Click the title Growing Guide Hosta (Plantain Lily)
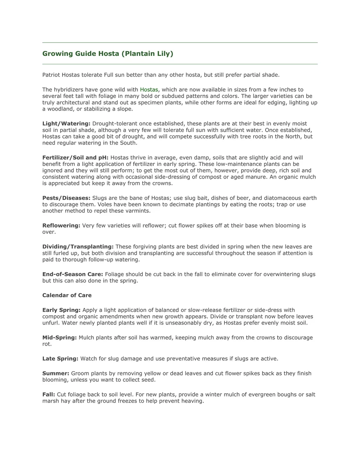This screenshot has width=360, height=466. click(108, 54)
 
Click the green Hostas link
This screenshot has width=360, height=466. click(149, 90)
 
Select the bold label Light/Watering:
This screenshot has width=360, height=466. click(66, 123)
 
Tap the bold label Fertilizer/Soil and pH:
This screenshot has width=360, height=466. click(75, 158)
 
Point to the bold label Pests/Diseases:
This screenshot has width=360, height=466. click(66, 198)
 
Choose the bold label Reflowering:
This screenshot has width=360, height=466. click(61, 226)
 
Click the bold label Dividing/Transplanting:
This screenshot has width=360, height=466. click(78, 247)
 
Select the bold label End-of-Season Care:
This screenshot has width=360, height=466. click(73, 274)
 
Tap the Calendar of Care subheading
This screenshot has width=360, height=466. click(67, 295)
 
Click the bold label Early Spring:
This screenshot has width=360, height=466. click(61, 310)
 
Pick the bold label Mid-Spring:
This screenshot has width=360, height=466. click(59, 337)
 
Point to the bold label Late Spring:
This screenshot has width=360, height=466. click(60, 359)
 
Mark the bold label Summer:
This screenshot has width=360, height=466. click(56, 373)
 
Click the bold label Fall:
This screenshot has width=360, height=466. click(49, 395)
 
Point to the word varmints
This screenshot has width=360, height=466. click(137, 211)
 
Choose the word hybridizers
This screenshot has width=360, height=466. click(70, 90)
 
